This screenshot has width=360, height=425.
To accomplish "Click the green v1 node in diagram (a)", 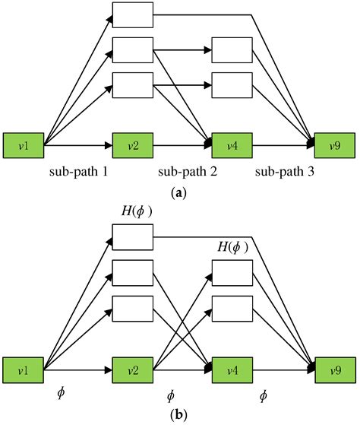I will (24, 143).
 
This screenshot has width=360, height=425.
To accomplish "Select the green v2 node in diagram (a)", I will (132, 143).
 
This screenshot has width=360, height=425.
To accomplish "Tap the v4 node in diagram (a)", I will (231, 143).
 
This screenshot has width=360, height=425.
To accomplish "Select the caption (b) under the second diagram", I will (179, 416).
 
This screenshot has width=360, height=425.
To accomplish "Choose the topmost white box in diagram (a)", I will (132, 13).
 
